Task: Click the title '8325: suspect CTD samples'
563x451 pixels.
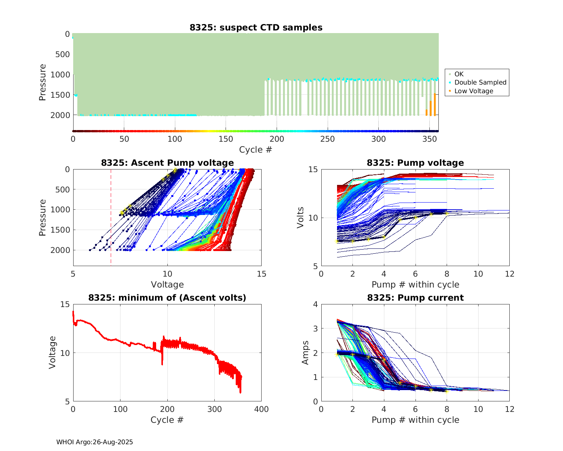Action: pyautogui.click(x=256, y=27)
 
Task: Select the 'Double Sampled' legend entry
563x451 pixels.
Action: pyautogui.click(x=480, y=82)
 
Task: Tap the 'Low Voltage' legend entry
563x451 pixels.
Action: pyautogui.click(x=474, y=91)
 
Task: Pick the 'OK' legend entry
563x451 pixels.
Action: pyautogui.click(x=459, y=74)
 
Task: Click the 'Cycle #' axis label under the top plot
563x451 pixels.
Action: pyautogui.click(x=256, y=150)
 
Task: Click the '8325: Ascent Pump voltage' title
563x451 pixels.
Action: pyautogui.click(x=167, y=163)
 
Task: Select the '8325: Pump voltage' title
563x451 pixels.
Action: pyautogui.click(x=415, y=163)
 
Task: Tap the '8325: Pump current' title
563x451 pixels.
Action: pyautogui.click(x=415, y=298)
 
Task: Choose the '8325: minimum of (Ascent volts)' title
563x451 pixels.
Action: pyautogui.click(x=167, y=298)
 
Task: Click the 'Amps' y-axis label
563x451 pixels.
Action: pyautogui.click(x=306, y=353)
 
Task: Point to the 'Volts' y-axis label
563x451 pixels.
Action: pyautogui.click(x=300, y=218)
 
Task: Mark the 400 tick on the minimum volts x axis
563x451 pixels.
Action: pyautogui.click(x=261, y=409)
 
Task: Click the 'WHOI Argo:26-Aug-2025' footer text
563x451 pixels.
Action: pyautogui.click(x=95, y=442)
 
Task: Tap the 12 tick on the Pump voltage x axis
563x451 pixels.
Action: pyautogui.click(x=509, y=274)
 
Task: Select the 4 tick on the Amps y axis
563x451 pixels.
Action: pyautogui.click(x=315, y=304)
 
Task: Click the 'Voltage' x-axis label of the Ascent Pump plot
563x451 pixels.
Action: pyautogui.click(x=167, y=285)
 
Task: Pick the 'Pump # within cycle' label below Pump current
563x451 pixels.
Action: pyautogui.click(x=415, y=420)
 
